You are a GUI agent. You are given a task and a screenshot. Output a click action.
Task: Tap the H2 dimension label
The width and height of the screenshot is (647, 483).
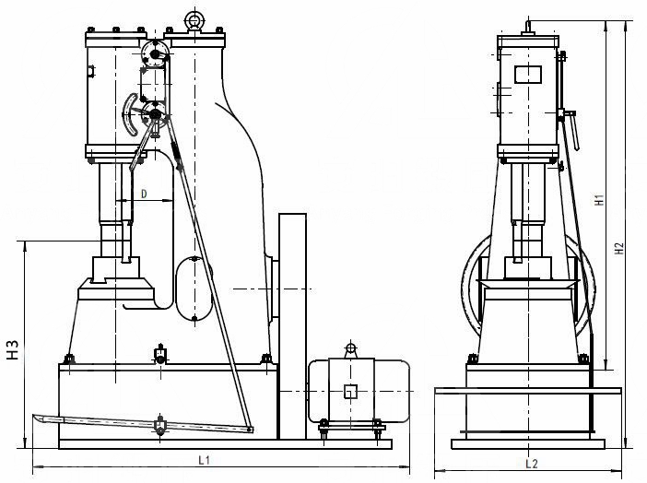click(620, 248)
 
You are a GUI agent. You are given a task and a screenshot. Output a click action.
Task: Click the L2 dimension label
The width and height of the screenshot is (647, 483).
click(531, 462)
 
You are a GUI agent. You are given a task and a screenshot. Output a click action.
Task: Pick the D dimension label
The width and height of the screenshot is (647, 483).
click(144, 193)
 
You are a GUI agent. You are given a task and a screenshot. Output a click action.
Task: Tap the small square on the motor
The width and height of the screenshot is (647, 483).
click(350, 391)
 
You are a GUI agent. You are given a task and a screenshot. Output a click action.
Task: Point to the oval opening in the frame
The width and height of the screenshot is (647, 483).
click(194, 289)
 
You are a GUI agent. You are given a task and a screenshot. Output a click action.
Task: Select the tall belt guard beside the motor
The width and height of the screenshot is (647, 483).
click(292, 323)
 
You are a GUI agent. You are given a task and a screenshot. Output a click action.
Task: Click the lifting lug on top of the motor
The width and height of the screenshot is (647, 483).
click(350, 349)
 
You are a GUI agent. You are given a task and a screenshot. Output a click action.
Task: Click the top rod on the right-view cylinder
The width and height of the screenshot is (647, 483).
click(528, 23)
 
